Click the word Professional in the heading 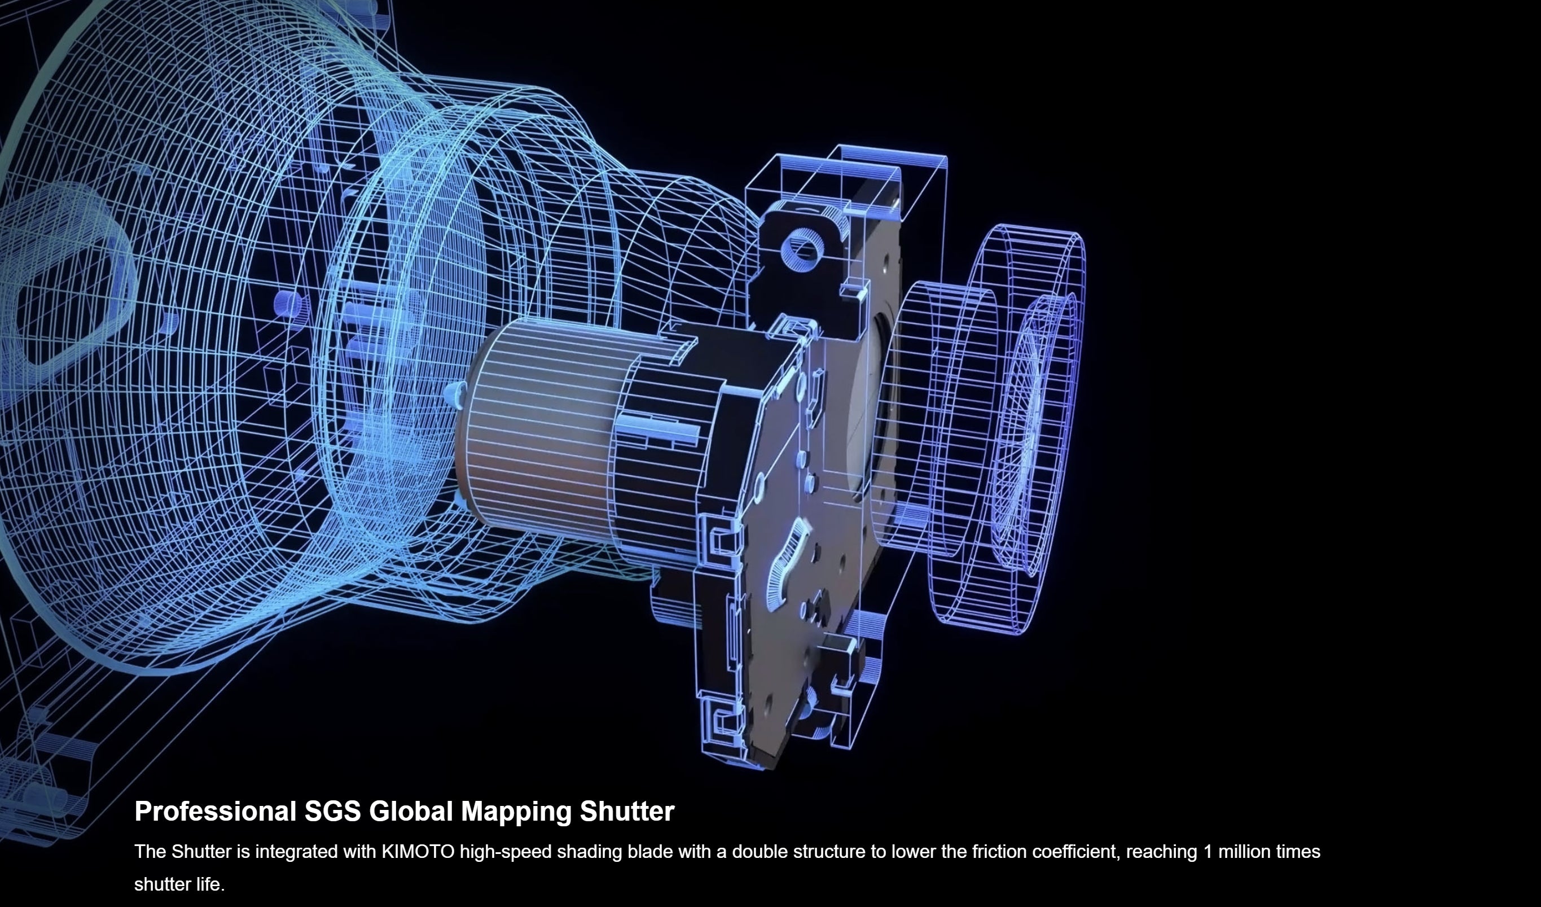[215, 812]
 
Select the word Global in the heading [411, 811]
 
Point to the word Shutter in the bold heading [627, 811]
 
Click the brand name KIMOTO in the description [418, 851]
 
